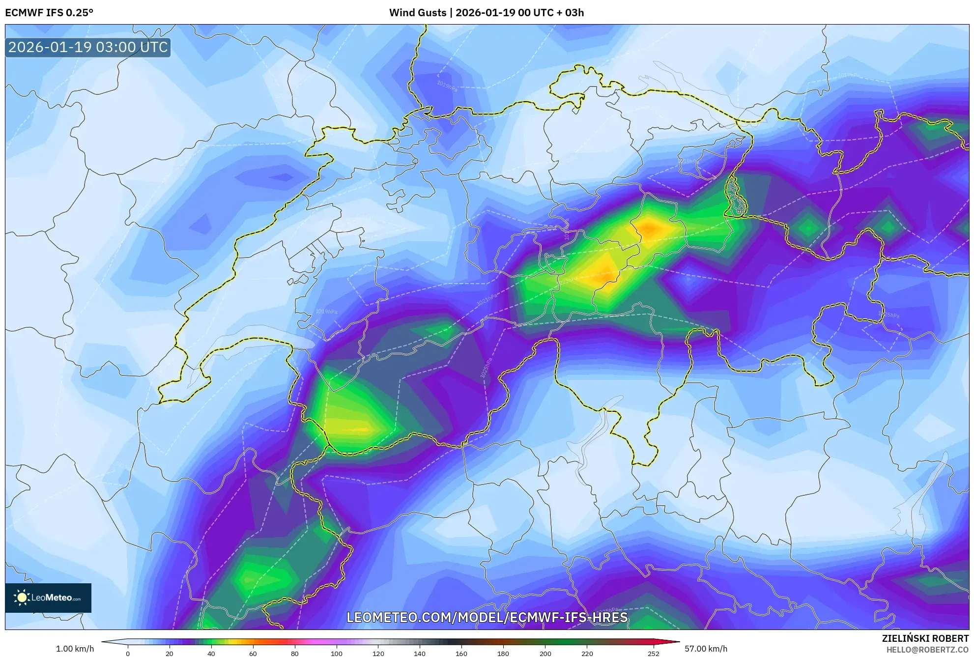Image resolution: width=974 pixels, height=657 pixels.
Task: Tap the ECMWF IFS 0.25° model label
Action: coord(49,13)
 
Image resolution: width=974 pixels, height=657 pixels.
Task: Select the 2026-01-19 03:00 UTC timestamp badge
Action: coord(88,47)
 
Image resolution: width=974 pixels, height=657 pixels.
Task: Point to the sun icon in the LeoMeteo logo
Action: coord(22,598)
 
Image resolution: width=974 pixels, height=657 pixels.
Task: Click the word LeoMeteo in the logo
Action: coord(52,598)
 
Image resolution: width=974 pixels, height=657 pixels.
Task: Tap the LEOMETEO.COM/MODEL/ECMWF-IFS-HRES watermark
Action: coord(487,617)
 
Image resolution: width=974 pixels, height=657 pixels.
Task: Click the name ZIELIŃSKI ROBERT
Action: coord(925,638)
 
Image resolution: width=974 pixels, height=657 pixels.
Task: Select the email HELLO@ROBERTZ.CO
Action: coord(927,650)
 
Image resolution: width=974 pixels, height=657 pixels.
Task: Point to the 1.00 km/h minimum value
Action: coord(75,649)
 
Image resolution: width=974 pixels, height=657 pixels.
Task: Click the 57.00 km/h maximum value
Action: coord(706,649)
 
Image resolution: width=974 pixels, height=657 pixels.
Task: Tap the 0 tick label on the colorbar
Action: coord(128,654)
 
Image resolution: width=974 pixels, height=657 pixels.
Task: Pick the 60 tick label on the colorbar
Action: coord(253,654)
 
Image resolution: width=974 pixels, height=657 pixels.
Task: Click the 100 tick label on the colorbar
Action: coord(336,654)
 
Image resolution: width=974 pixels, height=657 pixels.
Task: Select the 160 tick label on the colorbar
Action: coord(461,654)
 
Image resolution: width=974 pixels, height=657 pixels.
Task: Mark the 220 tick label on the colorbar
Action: coord(587,654)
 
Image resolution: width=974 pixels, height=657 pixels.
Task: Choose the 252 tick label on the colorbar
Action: coord(653,654)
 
